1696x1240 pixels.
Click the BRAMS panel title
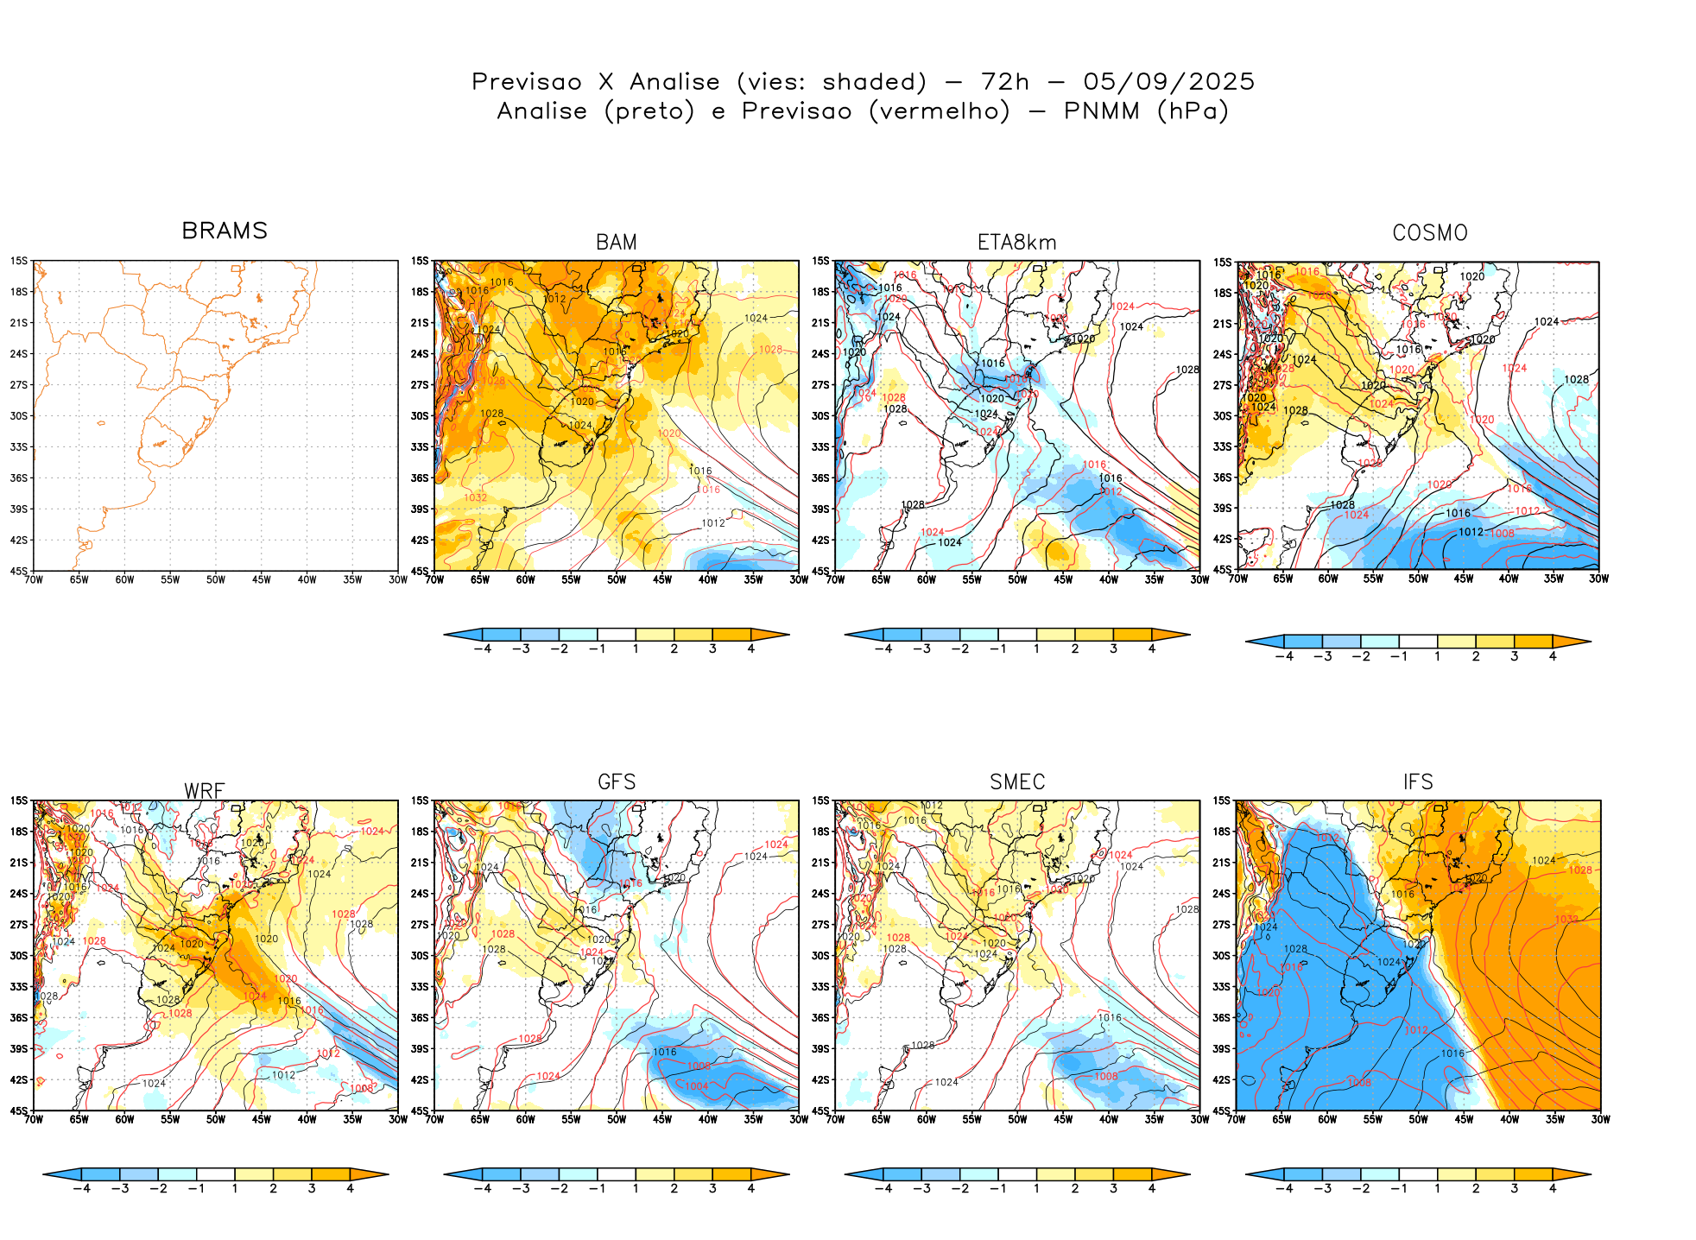click(225, 231)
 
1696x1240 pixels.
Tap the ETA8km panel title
click(1016, 243)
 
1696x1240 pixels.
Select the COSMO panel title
click(1429, 233)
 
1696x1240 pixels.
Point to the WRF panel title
click(205, 791)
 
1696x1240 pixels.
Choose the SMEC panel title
click(1017, 781)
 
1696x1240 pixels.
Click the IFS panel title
click(1418, 781)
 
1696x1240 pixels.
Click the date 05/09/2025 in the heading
click(1168, 82)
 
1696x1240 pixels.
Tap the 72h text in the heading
click(1005, 82)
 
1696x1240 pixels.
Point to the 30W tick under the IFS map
click(1599, 1119)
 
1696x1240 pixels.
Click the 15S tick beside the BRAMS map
click(19, 261)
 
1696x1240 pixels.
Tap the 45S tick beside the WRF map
click(19, 1110)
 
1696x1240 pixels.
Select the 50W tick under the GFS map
click(616, 1119)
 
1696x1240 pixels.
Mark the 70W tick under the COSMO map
click(1237, 579)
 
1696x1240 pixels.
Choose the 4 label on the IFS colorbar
click(1553, 1188)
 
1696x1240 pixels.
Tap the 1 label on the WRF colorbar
click(235, 1188)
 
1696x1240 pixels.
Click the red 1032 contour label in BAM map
click(476, 497)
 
